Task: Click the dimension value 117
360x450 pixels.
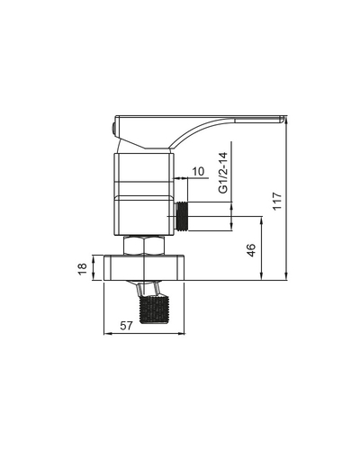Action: click(277, 201)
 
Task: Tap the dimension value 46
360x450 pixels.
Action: click(251, 250)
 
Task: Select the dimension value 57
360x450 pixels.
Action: click(126, 326)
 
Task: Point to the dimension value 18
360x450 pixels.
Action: click(82, 268)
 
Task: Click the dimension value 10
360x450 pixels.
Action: click(198, 172)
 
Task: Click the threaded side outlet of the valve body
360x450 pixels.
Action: click(181, 216)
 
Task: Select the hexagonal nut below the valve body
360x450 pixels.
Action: click(144, 246)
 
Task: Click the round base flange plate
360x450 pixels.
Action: click(144, 267)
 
